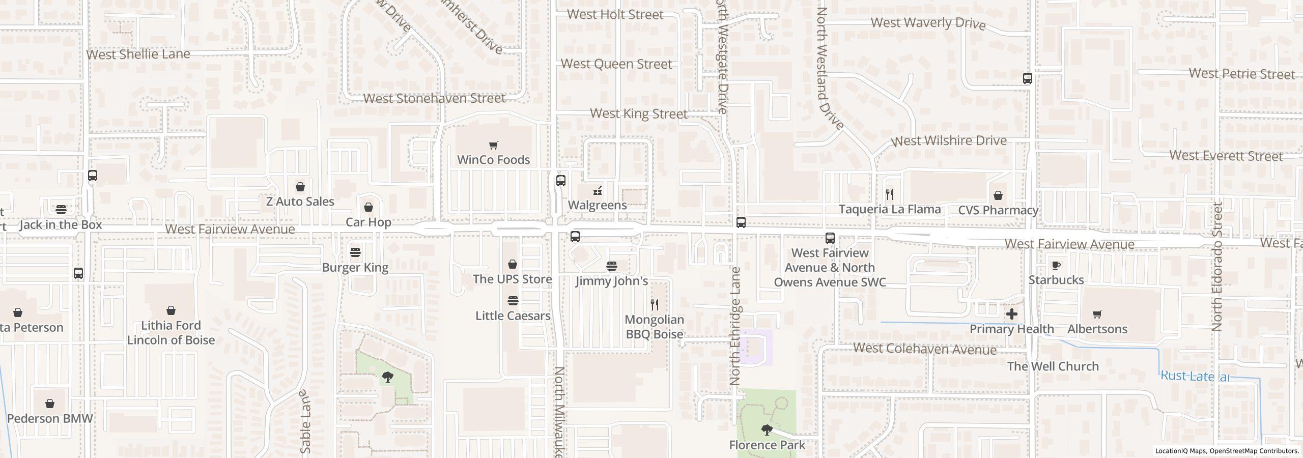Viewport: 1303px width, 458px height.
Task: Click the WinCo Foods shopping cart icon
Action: (x=493, y=146)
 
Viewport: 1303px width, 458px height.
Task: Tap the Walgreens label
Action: (x=597, y=205)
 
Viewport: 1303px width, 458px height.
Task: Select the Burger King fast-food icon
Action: (x=355, y=252)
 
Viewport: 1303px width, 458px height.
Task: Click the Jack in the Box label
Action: (x=61, y=224)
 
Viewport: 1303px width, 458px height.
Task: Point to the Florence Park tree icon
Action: (x=767, y=430)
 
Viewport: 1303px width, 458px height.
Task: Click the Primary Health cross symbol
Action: (x=1011, y=314)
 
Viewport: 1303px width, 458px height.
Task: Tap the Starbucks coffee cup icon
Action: (x=1056, y=265)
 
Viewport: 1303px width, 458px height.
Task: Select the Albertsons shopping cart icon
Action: (x=1097, y=314)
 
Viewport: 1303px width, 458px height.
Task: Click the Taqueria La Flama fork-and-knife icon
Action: (x=890, y=194)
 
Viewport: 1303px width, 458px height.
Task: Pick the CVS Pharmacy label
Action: (x=998, y=210)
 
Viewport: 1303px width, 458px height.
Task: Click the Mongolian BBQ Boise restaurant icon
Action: (x=655, y=305)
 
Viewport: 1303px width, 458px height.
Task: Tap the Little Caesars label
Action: (x=513, y=316)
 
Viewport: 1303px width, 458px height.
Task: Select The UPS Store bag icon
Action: (x=513, y=264)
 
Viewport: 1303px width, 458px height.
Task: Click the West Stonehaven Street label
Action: (x=434, y=98)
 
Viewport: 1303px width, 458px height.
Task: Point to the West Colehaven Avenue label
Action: (x=924, y=349)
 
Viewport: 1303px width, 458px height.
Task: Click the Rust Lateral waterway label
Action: (x=1195, y=376)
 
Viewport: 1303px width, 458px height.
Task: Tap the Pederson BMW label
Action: (x=50, y=418)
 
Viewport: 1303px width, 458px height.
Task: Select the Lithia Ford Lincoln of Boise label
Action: (x=171, y=332)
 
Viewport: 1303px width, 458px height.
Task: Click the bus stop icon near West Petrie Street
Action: (x=1027, y=78)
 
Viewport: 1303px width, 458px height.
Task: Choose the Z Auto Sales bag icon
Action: (x=300, y=187)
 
